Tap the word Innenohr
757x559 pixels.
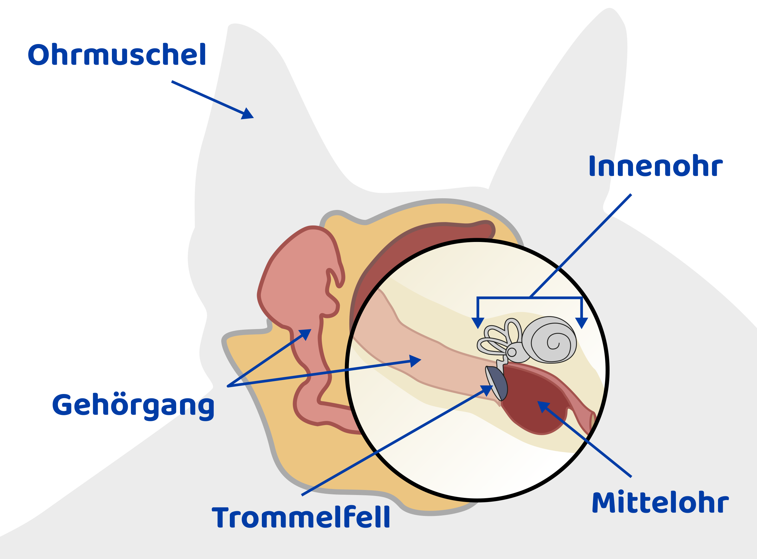tap(655, 166)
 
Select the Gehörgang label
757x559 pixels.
tap(133, 405)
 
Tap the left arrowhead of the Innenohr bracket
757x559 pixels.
tap(478, 323)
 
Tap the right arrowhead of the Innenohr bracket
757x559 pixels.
tap(582, 323)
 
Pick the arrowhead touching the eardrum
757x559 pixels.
tap(488, 390)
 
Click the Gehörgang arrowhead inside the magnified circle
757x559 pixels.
tap(415, 361)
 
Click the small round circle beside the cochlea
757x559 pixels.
tap(512, 352)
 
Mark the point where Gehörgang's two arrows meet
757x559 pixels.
tap(228, 386)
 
